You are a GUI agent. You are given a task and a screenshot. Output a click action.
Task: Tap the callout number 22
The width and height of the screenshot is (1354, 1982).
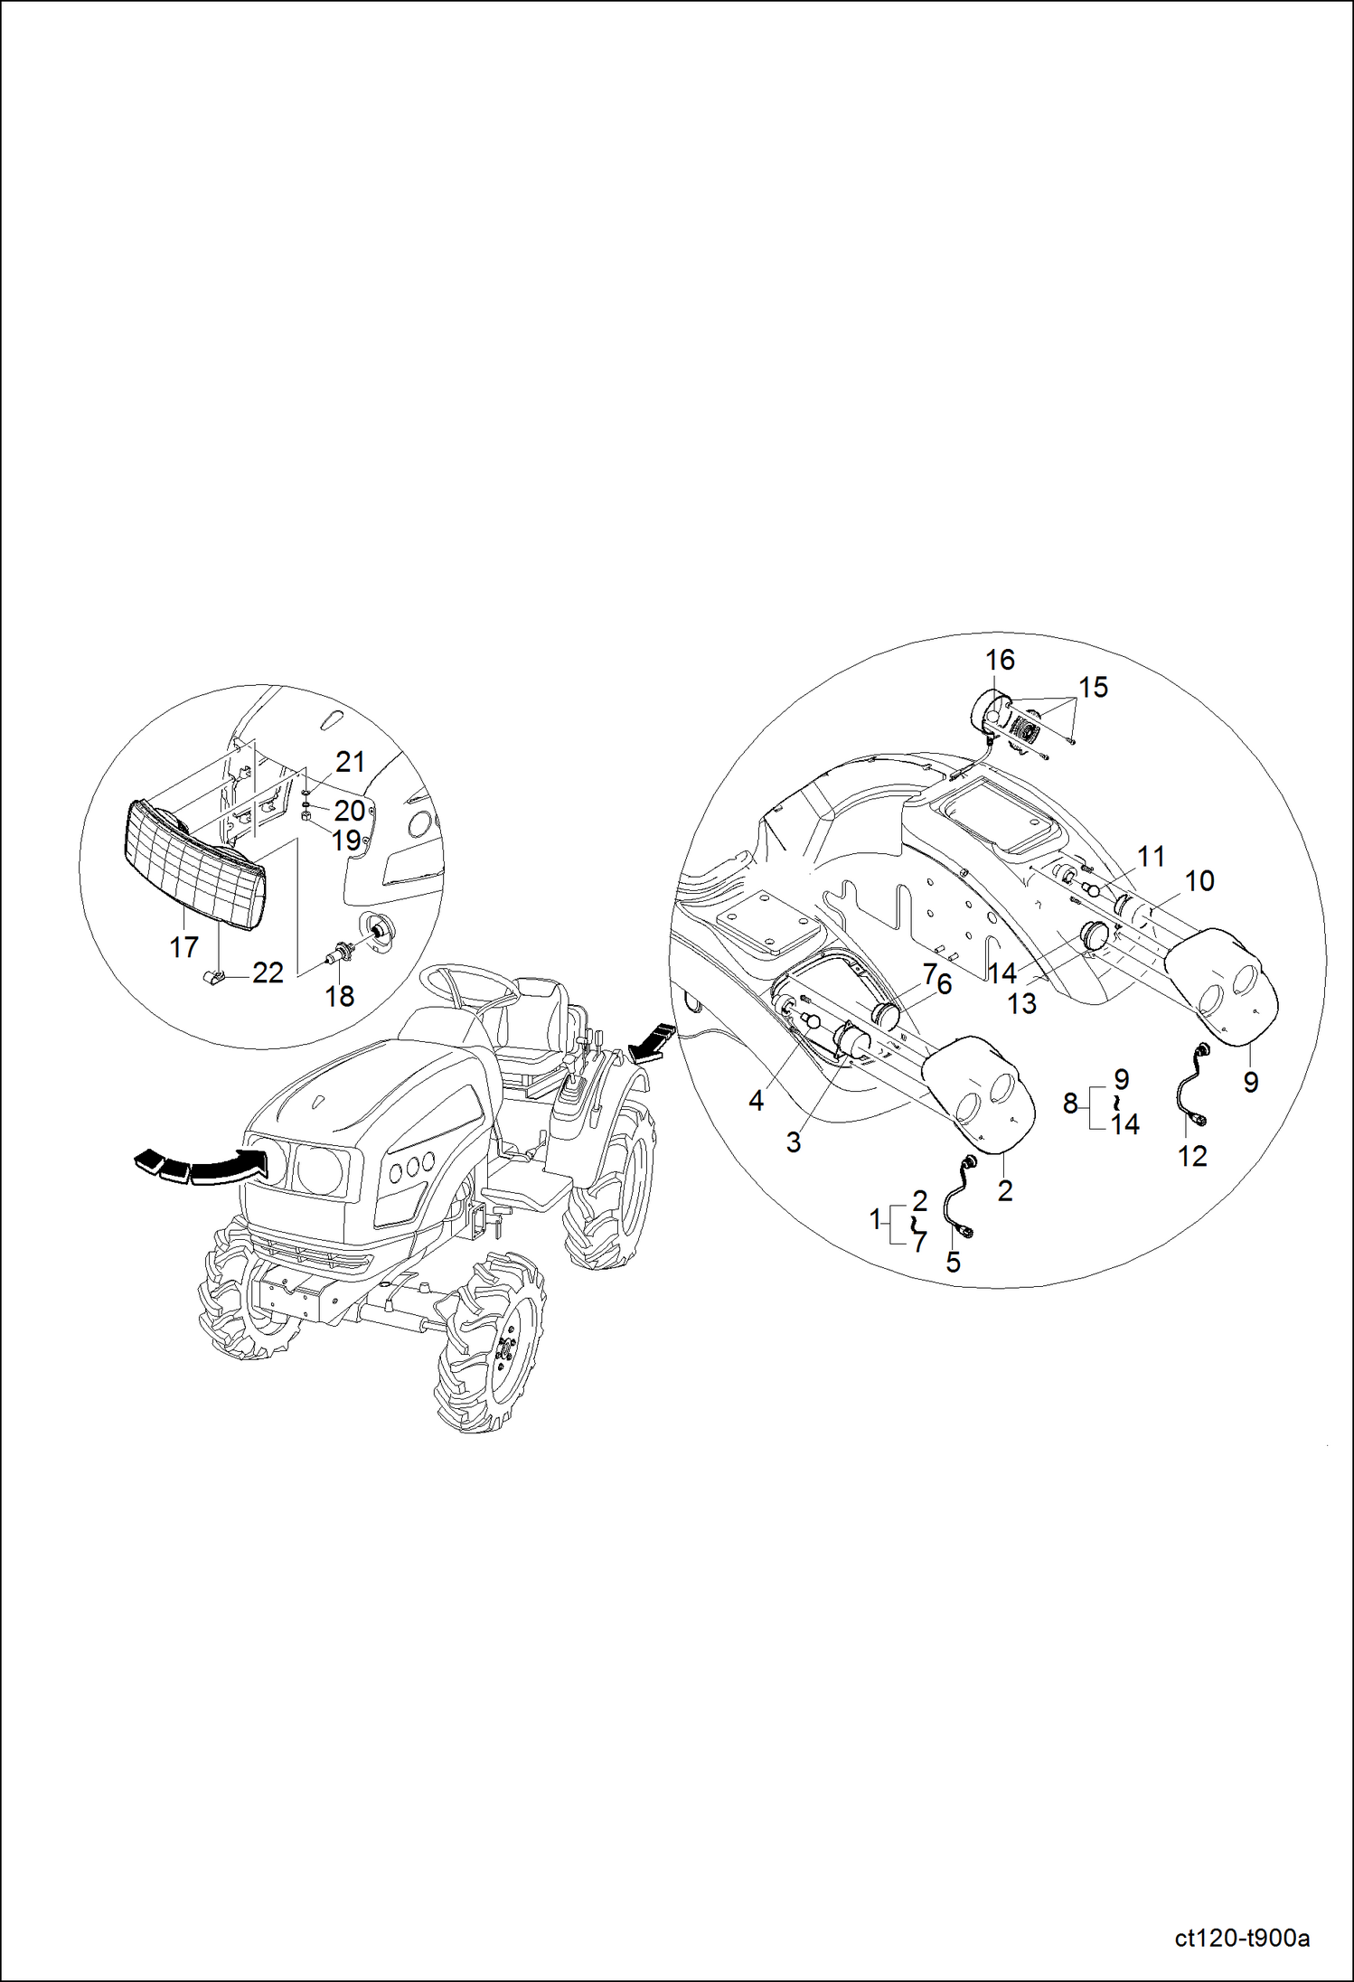pos(268,972)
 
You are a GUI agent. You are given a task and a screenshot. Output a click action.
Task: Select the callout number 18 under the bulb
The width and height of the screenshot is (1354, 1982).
pos(340,996)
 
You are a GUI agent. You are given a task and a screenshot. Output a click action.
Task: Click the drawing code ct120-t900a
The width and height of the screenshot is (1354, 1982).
pos(1242,1940)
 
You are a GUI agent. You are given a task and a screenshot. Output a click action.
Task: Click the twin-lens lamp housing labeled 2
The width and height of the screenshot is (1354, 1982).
pos(981,1094)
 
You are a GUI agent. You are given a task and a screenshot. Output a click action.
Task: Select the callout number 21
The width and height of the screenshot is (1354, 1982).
pos(350,762)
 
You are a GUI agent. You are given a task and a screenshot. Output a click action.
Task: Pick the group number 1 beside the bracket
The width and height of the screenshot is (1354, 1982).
pos(874,1220)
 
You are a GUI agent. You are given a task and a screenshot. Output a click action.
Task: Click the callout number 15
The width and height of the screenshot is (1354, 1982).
pos(1093,687)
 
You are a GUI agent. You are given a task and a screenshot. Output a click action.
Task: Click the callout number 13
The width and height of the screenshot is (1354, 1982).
pos(1021,1004)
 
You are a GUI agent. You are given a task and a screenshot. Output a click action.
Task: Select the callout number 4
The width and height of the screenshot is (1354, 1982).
pos(757,1100)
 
